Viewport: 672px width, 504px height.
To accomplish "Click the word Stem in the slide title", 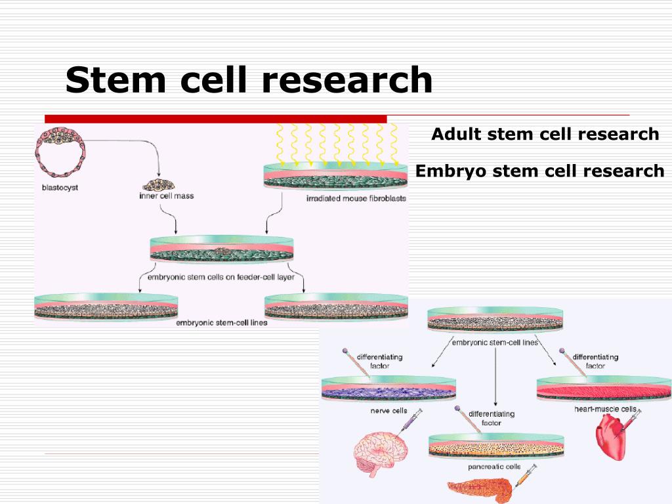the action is click(x=115, y=79).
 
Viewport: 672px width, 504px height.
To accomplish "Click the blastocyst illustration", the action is click(x=60, y=152).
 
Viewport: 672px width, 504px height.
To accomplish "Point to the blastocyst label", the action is click(x=60, y=188).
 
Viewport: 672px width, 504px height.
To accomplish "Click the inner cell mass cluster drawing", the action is click(x=159, y=185).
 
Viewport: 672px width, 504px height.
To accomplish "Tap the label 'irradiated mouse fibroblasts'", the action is click(x=356, y=198).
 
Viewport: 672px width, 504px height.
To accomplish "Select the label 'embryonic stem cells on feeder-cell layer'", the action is click(x=221, y=278).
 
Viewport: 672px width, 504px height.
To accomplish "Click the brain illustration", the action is click(x=381, y=454).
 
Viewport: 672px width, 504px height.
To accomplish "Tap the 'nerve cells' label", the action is click(x=388, y=411).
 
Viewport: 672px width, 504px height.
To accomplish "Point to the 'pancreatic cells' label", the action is click(x=494, y=467).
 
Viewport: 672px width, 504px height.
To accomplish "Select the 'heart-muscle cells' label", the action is click(x=605, y=409).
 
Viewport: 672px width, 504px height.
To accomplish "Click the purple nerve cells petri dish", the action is click(x=388, y=388).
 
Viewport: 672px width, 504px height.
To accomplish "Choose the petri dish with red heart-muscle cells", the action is click(x=604, y=388).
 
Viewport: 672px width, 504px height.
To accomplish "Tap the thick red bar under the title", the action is click(x=215, y=119).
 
